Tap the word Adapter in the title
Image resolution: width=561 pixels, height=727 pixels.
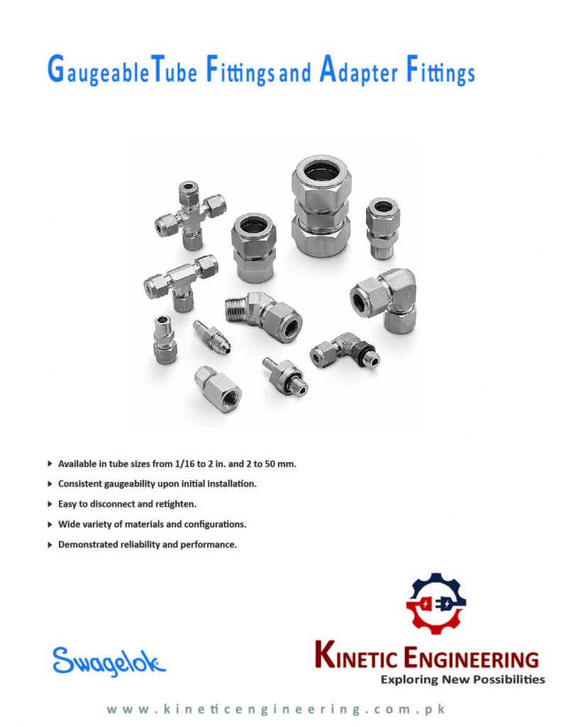coord(358,73)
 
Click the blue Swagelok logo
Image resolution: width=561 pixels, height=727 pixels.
coord(109,662)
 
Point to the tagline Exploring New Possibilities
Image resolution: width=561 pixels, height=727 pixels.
coord(462,679)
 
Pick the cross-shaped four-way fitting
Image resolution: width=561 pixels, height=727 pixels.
coord(190,214)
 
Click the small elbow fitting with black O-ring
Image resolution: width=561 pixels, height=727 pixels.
coord(345,351)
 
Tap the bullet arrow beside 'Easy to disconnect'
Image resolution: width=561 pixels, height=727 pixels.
coord(50,503)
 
